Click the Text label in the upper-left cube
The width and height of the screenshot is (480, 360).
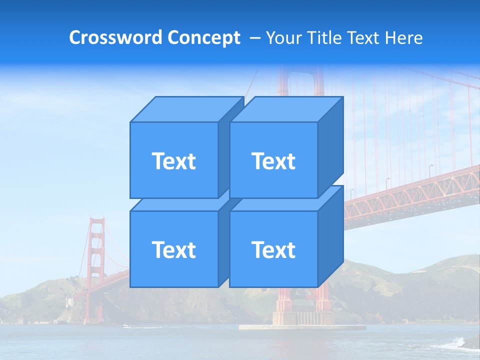click(173, 161)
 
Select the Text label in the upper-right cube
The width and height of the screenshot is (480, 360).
click(273, 161)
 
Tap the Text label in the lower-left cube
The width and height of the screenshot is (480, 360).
click(173, 249)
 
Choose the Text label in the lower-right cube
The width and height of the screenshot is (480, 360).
click(273, 249)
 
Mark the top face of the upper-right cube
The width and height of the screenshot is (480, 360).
click(286, 109)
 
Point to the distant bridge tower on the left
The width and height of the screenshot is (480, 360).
click(96, 260)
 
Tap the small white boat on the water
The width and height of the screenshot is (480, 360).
click(125, 326)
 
